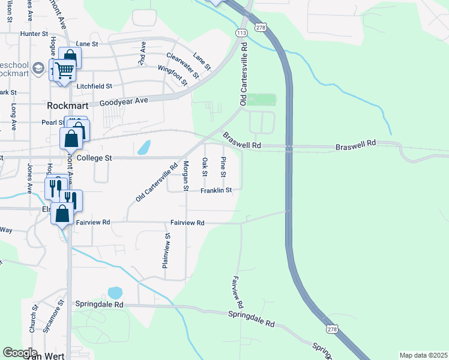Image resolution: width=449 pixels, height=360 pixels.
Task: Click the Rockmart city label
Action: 64,104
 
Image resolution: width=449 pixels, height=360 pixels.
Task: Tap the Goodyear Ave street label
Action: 123,102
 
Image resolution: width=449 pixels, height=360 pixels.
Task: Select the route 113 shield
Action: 242,32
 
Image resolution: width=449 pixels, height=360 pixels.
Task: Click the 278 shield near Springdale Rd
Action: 333,329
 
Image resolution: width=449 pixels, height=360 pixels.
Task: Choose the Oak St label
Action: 205,167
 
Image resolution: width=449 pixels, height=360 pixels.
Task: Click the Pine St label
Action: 223,166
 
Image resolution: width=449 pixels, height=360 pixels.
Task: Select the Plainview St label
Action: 167,250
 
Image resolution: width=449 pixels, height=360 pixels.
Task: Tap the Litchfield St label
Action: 94,86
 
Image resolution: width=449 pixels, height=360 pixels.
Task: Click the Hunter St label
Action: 34,34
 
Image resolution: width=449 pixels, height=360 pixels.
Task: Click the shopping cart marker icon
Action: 64,71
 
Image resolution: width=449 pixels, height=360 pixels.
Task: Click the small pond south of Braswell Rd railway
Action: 144,147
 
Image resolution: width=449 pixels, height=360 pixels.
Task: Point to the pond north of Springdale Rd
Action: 115,293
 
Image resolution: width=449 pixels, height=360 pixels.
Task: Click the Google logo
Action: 20,353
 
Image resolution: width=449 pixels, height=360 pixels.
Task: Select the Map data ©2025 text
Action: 423,355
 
